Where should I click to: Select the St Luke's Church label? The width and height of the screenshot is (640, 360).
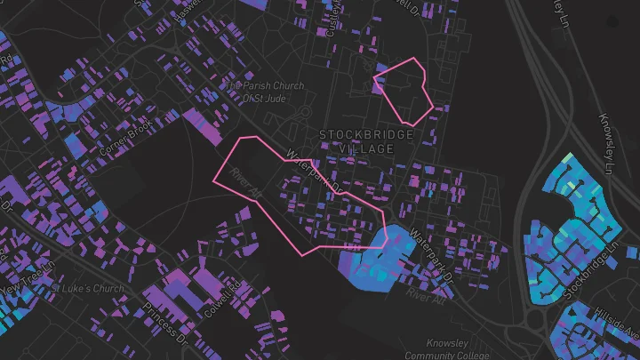[x=87, y=289]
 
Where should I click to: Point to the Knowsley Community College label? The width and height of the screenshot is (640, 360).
[x=434, y=348]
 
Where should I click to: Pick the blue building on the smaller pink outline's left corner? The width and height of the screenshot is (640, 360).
[x=380, y=68]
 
